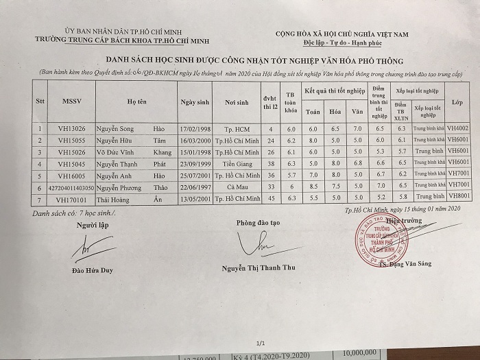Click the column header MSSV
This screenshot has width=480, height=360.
pyautogui.click(x=72, y=101)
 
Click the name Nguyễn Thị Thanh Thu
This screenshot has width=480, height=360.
pyautogui.click(x=259, y=267)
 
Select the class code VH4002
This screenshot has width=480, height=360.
pyautogui.click(x=457, y=128)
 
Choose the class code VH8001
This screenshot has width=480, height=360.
pyautogui.click(x=457, y=197)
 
